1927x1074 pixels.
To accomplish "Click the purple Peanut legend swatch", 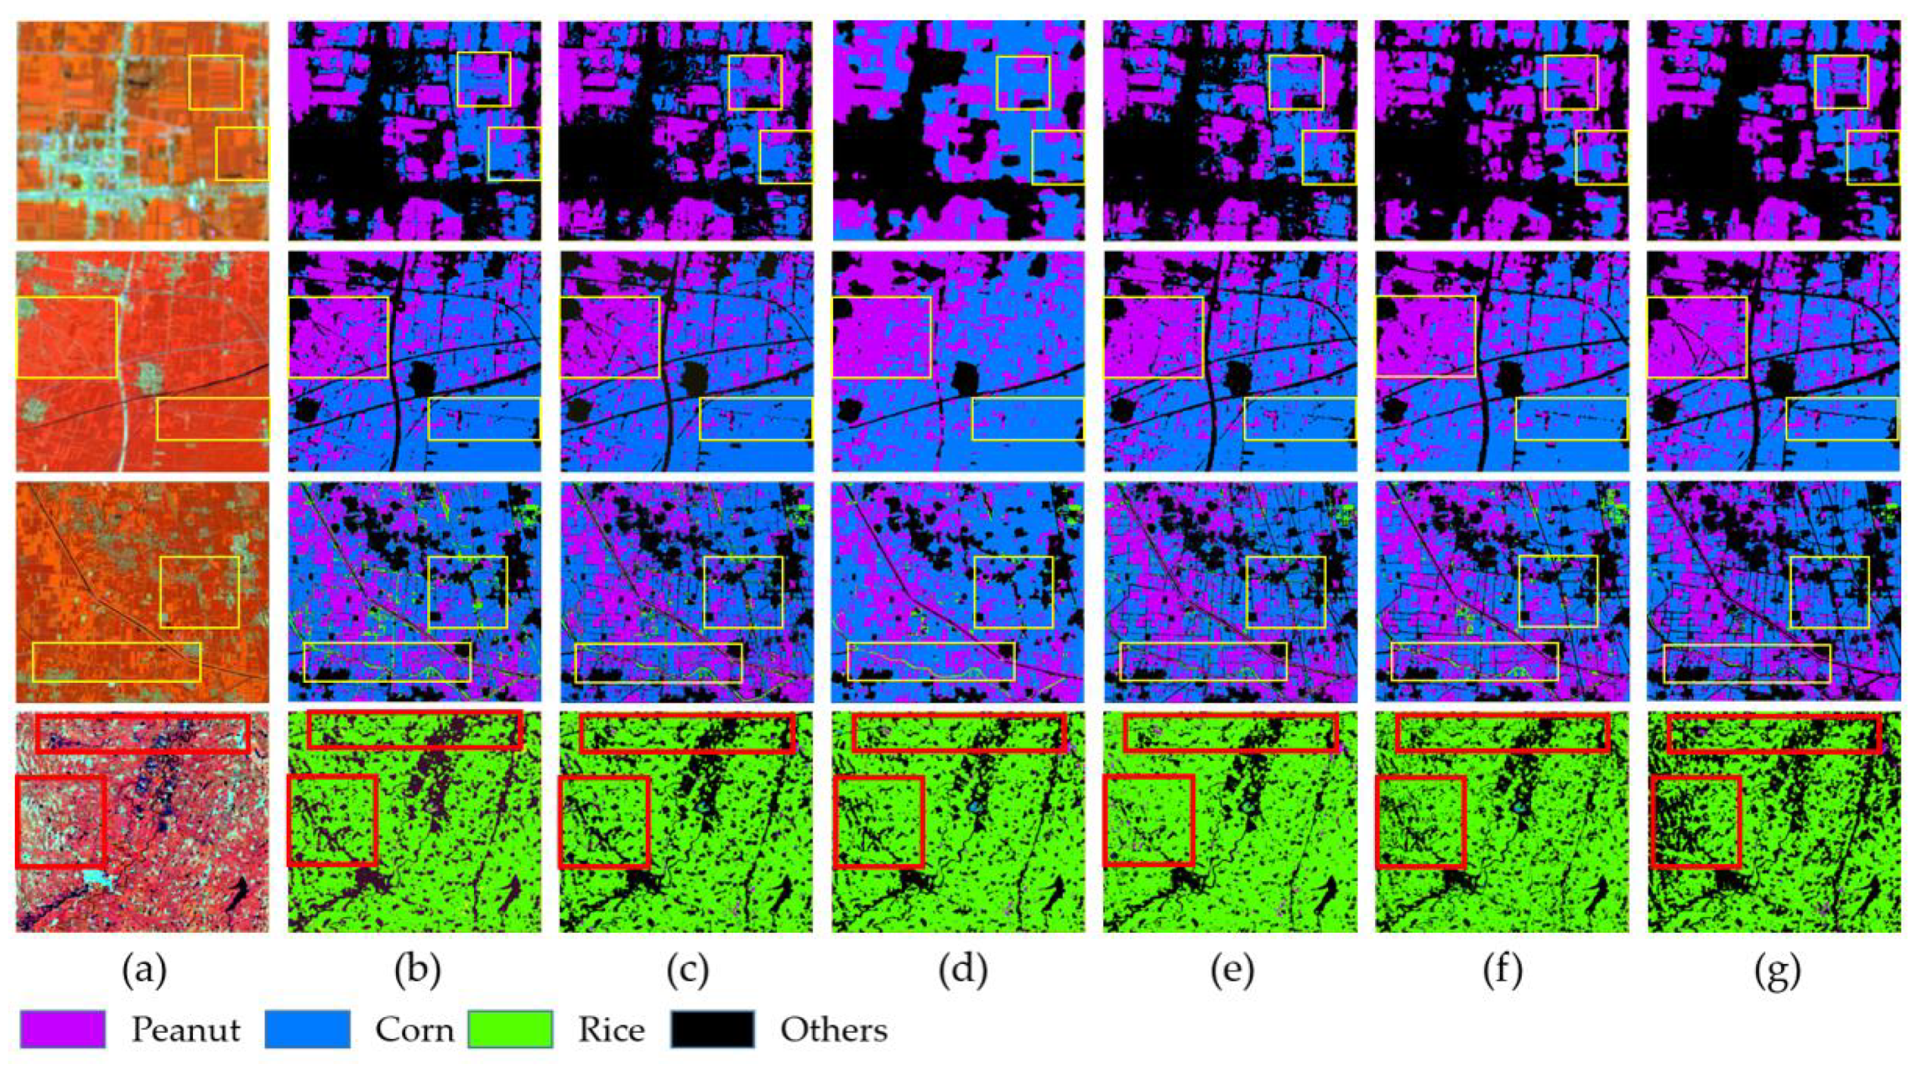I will click(x=62, y=1029).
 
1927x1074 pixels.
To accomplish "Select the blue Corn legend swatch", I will click(x=307, y=1029).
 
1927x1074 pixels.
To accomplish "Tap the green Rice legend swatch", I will click(x=510, y=1029).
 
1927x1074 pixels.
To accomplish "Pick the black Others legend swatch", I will click(x=712, y=1029).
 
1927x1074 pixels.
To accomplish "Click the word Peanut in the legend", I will click(x=185, y=1031).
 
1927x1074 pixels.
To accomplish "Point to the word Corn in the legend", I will click(x=414, y=1031).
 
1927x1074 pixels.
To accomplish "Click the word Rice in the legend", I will click(x=611, y=1031).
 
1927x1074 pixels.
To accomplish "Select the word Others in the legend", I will click(x=834, y=1031).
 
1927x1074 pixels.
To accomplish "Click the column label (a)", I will click(x=144, y=970).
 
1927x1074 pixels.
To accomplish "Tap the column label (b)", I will click(x=417, y=970).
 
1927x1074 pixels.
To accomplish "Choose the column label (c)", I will click(x=688, y=970).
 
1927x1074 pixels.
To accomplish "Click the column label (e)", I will click(x=1233, y=970).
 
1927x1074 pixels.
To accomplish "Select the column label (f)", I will click(x=1503, y=970).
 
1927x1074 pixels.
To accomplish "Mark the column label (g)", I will click(x=1777, y=970).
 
